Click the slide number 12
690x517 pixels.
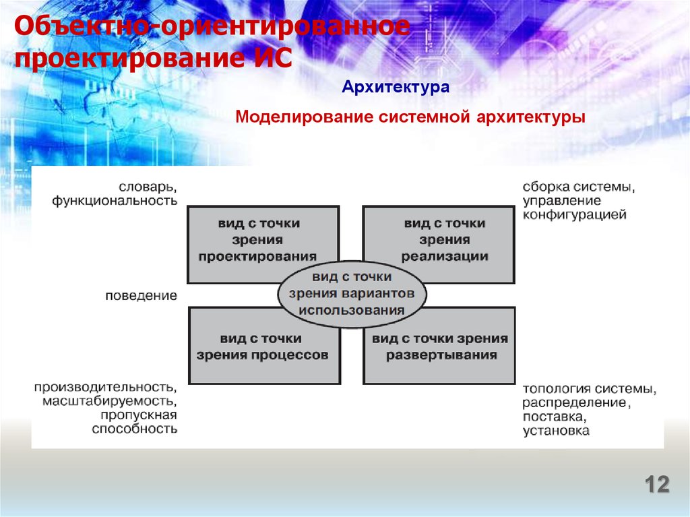[657, 485]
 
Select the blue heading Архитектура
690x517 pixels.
[396, 87]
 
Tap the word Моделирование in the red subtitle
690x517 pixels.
[305, 117]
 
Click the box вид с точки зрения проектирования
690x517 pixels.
[263, 245]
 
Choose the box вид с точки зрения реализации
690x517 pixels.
[438, 245]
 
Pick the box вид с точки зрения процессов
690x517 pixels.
[264, 345]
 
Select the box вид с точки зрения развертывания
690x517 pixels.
[439, 345]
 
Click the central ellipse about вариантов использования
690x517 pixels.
[352, 293]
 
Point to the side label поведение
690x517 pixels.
[142, 295]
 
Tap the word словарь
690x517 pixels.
[148, 187]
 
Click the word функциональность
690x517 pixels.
[115, 202]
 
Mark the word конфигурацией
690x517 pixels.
[574, 215]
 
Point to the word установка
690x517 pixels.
[556, 430]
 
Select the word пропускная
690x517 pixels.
[139, 415]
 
